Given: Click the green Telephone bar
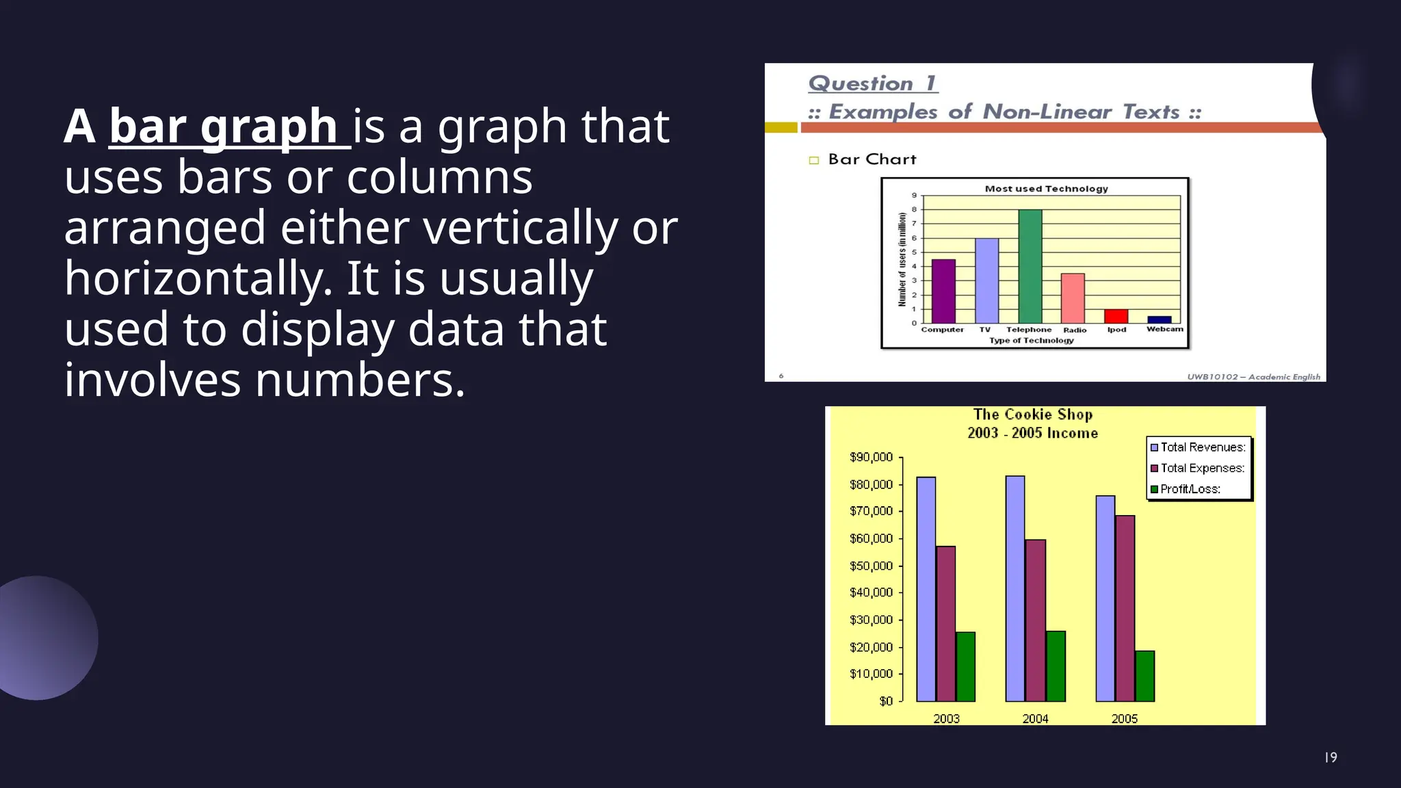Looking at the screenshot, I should pos(1030,267).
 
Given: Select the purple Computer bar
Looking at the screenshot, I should pos(943,291).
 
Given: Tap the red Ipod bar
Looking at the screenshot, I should pos(1116,317).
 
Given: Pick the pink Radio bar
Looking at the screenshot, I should pos(1073,298).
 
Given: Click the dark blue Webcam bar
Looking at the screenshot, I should pos(1159,319).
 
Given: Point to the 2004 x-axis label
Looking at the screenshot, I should pos(1035,718).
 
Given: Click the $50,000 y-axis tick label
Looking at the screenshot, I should pos(871,566).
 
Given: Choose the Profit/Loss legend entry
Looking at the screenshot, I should pos(1190,489).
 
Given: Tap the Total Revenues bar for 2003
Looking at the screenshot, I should pos(926,589).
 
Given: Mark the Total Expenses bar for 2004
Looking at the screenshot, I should pos(1035,620).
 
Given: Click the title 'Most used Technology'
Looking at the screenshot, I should pos(1046,189).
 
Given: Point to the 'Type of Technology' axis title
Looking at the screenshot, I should pos(1031,341).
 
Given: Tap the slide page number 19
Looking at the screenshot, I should pos(1331,757).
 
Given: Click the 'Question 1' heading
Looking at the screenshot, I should pos(872,83).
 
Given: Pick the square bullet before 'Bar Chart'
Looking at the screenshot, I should pos(814,160).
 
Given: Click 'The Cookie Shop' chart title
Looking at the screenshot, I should pos(1033,415).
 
